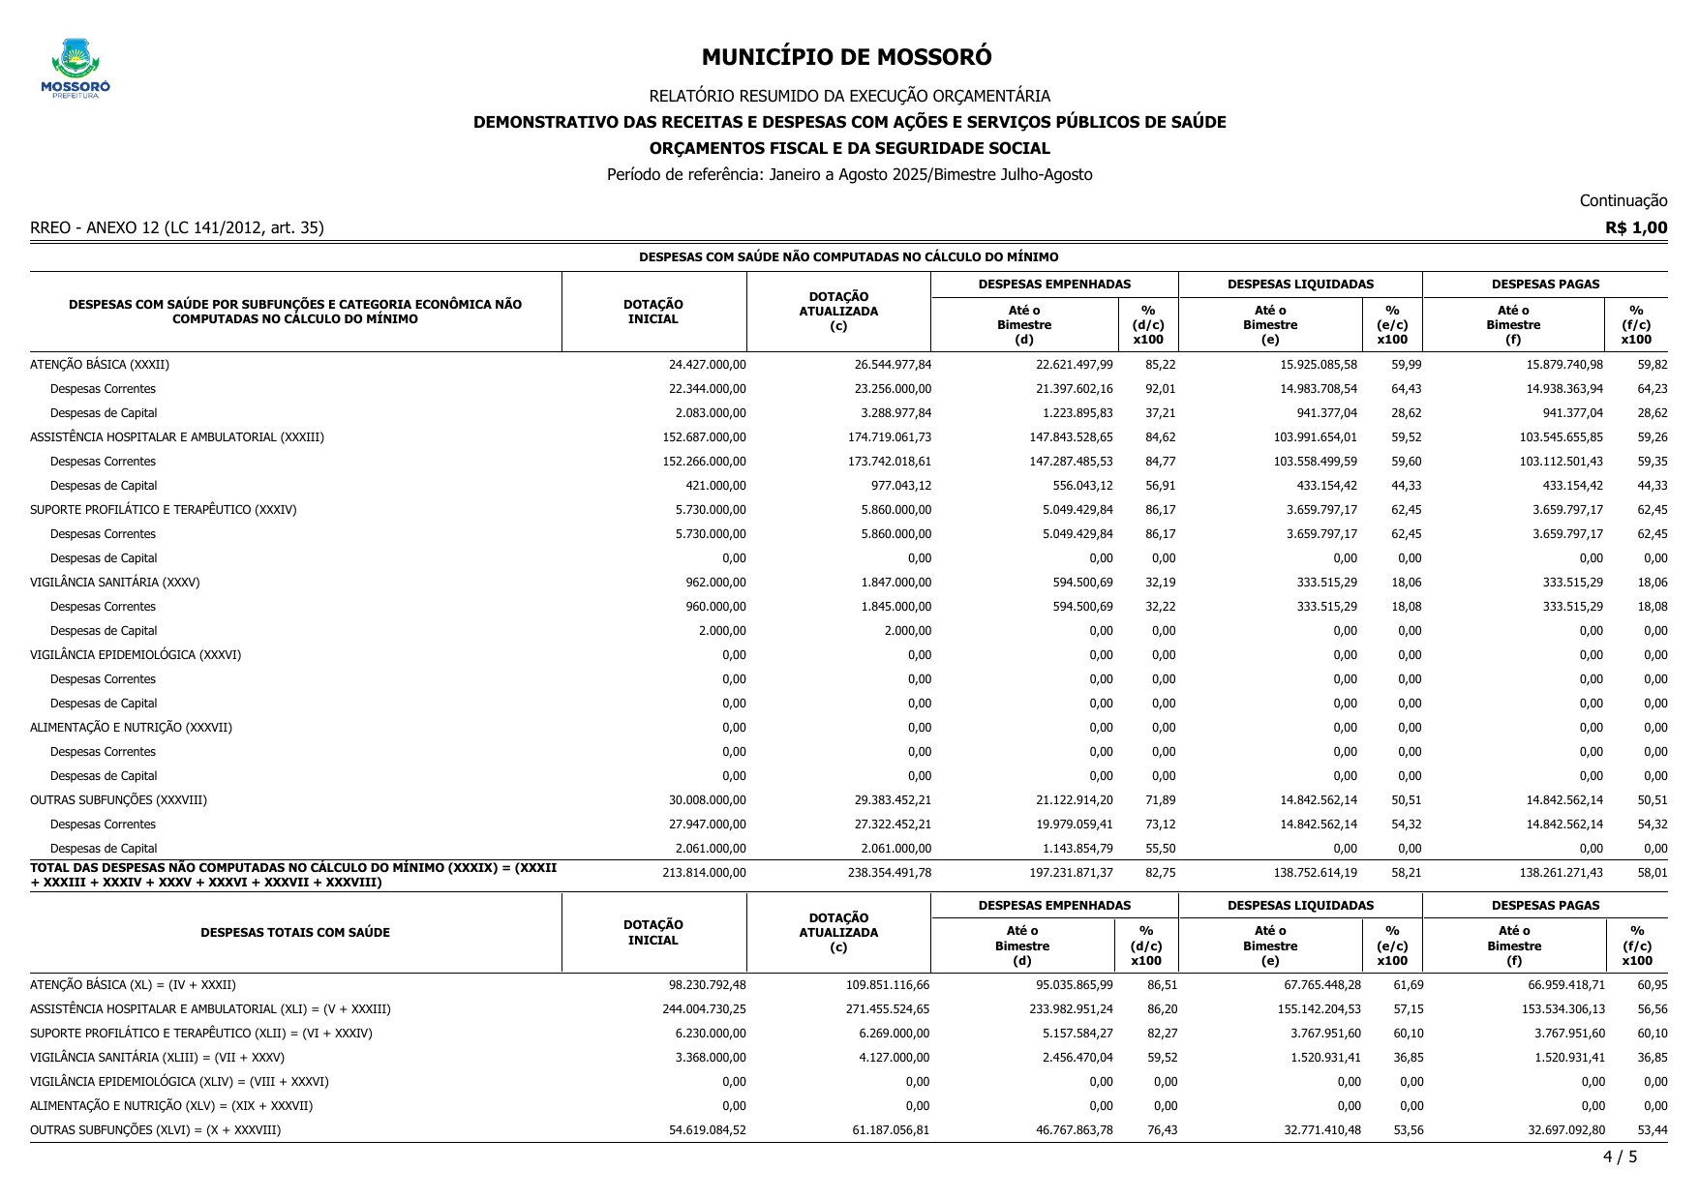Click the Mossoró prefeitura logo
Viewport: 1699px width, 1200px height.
click(76, 69)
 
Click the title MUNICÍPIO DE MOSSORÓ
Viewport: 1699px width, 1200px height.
click(846, 57)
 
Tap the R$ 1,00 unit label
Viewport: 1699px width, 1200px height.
click(1635, 227)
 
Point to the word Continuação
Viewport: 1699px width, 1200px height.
click(1623, 200)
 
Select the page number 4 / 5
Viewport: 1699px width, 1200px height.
click(1620, 1156)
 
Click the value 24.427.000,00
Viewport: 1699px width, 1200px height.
click(707, 365)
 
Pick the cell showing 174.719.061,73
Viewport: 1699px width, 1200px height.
click(889, 437)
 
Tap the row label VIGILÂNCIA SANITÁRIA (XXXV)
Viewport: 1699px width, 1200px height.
click(115, 583)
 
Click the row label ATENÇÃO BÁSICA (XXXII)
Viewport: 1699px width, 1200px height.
click(100, 365)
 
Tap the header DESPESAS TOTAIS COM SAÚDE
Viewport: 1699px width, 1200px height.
click(295, 933)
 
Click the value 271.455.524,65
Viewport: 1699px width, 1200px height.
click(887, 1009)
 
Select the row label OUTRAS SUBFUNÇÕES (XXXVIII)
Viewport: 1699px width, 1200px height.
click(118, 800)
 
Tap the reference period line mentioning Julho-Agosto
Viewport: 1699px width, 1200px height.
click(849, 175)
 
